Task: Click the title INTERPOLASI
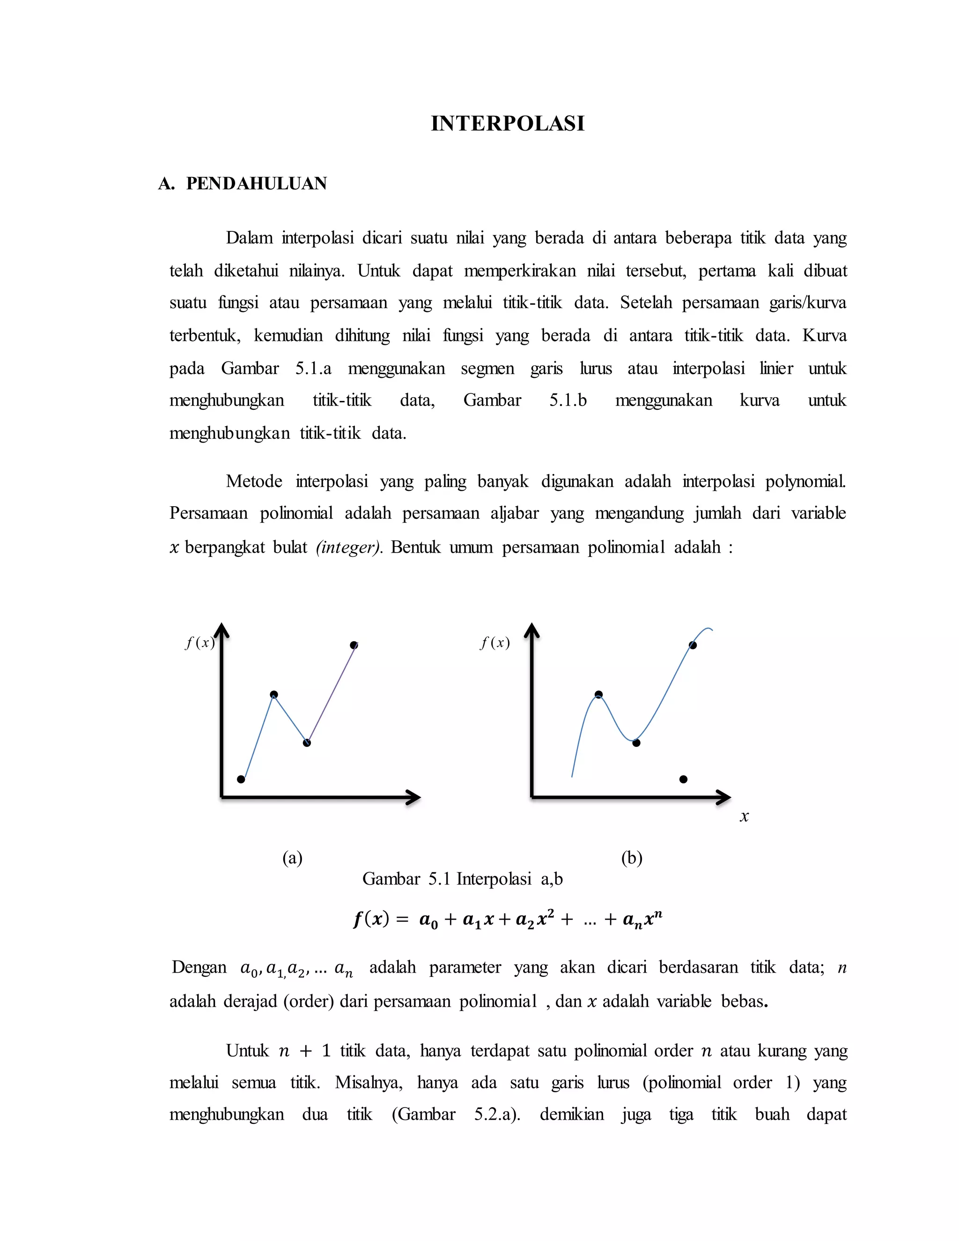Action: pyautogui.click(x=507, y=123)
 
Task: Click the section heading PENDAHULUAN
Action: pyautogui.click(x=256, y=184)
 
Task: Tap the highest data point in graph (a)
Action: pyautogui.click(x=354, y=645)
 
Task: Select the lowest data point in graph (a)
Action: pyautogui.click(x=241, y=779)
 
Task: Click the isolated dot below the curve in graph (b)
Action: pyautogui.click(x=684, y=779)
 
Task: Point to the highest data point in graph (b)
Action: pyautogui.click(x=693, y=645)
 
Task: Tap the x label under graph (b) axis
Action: pyautogui.click(x=744, y=817)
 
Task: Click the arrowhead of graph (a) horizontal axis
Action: pyautogui.click(x=413, y=798)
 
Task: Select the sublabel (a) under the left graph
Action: pyautogui.click(x=293, y=857)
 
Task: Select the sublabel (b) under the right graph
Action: pyautogui.click(x=632, y=857)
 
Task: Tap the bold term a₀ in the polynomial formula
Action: pyautogui.click(x=428, y=920)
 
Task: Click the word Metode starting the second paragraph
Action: pyautogui.click(x=254, y=481)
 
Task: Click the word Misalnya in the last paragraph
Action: pyautogui.click(x=368, y=1082)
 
